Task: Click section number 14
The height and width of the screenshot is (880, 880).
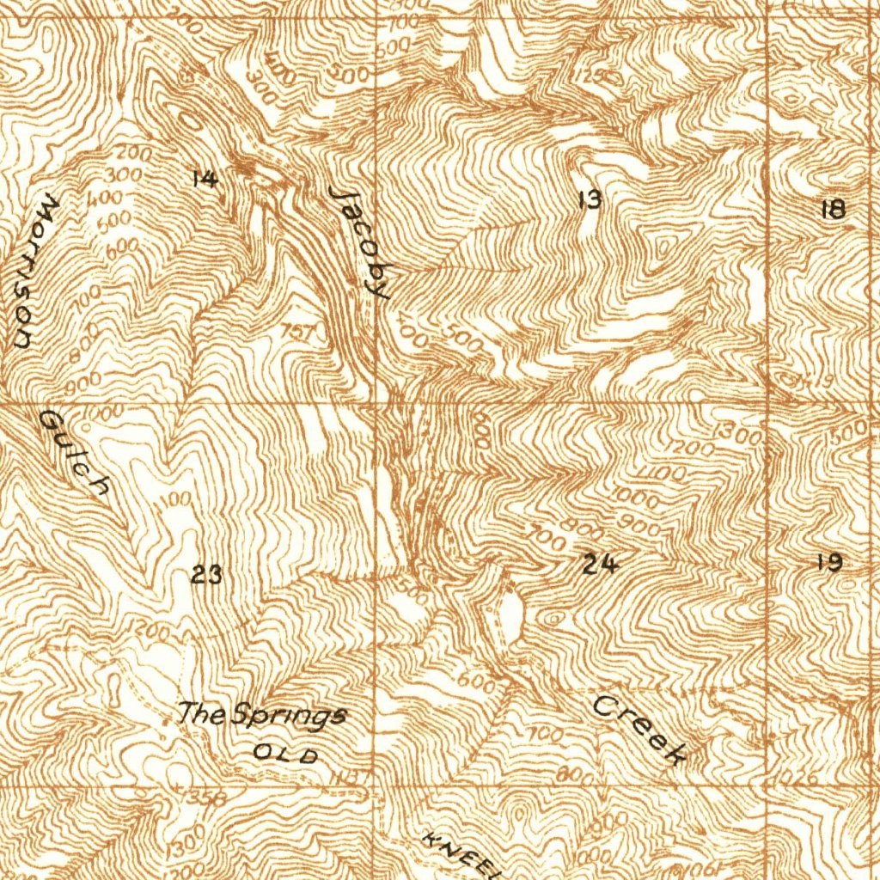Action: (x=205, y=179)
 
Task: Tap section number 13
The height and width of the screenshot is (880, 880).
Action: (x=589, y=200)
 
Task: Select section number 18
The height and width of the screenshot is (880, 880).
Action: (x=833, y=209)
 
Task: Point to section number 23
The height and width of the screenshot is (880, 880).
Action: (x=206, y=574)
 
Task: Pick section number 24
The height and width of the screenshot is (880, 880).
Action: (x=599, y=565)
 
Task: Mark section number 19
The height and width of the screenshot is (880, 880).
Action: (x=829, y=563)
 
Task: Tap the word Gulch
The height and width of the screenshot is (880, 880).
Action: (x=75, y=453)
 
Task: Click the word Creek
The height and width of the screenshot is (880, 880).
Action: (x=641, y=730)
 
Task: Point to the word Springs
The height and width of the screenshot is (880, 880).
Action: (x=289, y=715)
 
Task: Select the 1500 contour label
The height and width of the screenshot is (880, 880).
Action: (x=851, y=432)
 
